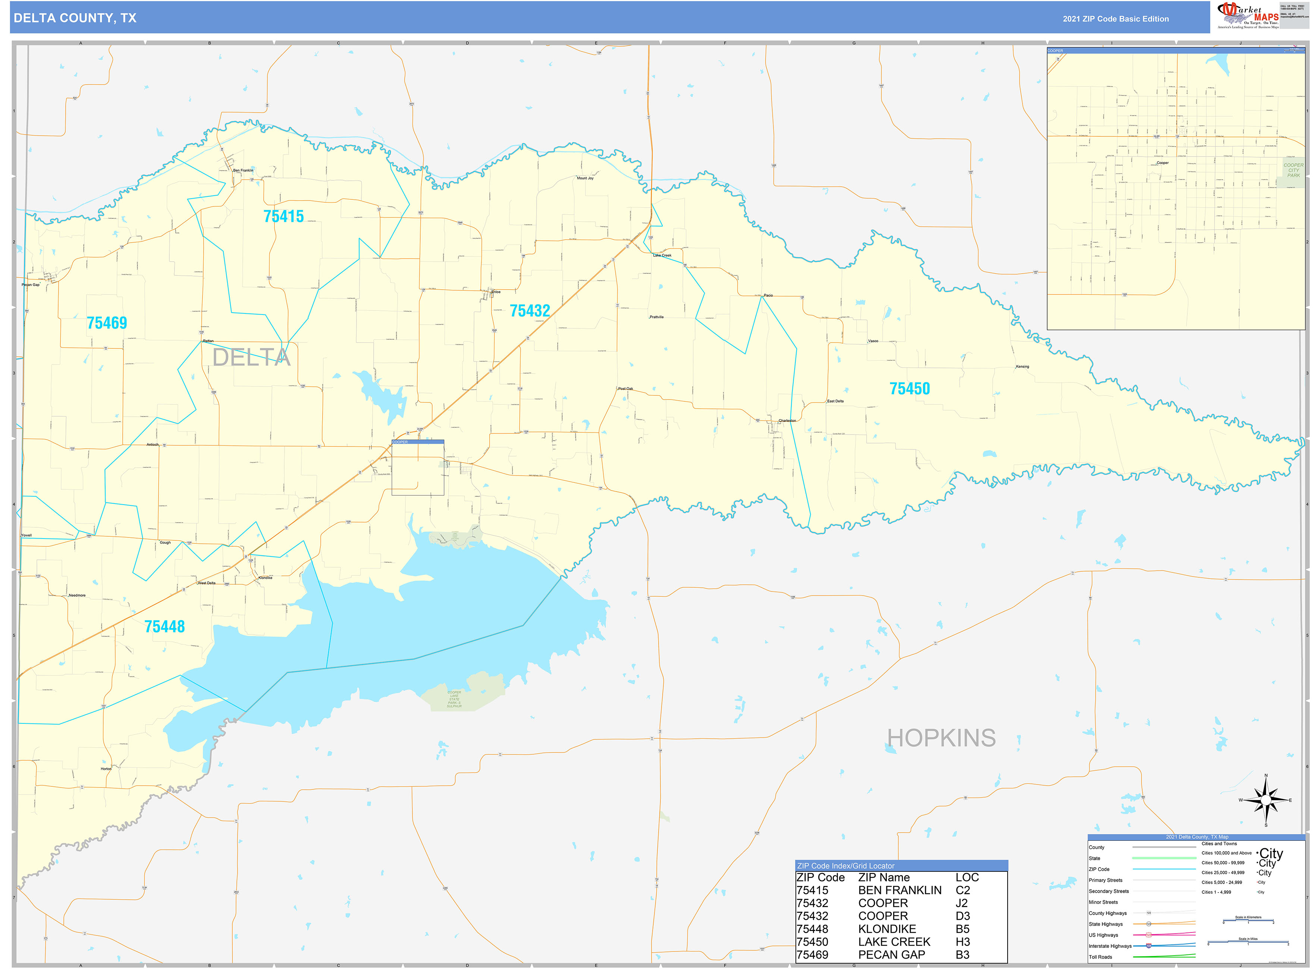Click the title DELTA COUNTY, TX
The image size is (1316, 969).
point(75,18)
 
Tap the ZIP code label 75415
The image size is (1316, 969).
point(283,217)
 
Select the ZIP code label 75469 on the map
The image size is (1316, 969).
point(107,323)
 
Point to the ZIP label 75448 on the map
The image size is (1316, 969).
point(164,626)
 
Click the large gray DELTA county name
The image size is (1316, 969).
point(251,357)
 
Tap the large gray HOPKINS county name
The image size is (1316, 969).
point(941,738)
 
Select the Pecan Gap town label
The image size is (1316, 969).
point(31,284)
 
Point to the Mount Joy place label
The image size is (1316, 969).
point(585,178)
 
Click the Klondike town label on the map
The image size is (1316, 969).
point(265,578)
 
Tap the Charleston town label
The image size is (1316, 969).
point(787,420)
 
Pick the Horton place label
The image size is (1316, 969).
point(106,768)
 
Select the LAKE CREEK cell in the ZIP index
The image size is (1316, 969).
point(894,941)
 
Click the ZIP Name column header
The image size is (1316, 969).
point(883,877)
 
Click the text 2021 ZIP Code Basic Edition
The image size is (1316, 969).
point(1115,19)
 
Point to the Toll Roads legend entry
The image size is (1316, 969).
point(1100,957)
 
